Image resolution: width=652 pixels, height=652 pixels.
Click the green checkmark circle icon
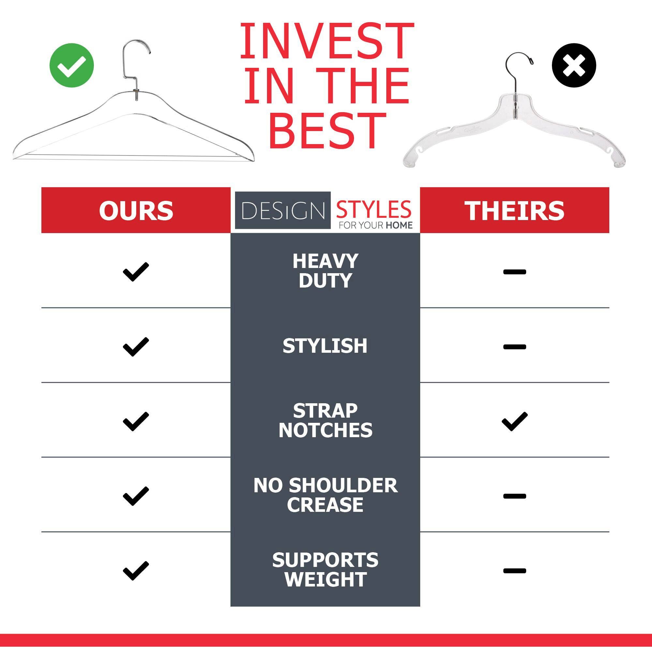(x=71, y=65)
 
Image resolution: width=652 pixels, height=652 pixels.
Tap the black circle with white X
(x=574, y=65)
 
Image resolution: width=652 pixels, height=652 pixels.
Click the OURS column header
(x=136, y=211)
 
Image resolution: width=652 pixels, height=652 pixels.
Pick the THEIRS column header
(x=514, y=211)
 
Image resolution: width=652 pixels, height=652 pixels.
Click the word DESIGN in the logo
(x=283, y=211)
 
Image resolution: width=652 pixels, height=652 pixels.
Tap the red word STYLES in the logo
(x=374, y=209)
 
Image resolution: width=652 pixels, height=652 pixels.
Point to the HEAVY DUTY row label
(x=325, y=271)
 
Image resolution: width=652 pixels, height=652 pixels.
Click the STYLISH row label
(x=325, y=346)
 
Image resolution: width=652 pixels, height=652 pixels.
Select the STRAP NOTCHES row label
(x=325, y=420)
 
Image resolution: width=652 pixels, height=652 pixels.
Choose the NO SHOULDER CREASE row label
(x=325, y=495)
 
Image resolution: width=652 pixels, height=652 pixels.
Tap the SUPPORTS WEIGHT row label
(x=325, y=570)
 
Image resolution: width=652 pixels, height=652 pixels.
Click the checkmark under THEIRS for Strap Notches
(x=515, y=421)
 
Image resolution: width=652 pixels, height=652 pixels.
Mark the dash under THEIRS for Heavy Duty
(x=515, y=272)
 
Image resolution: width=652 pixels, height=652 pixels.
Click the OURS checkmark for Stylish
(x=136, y=347)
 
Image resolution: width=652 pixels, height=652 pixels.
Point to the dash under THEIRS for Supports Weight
(x=515, y=571)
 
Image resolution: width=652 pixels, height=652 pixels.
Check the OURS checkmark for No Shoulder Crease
(x=136, y=496)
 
